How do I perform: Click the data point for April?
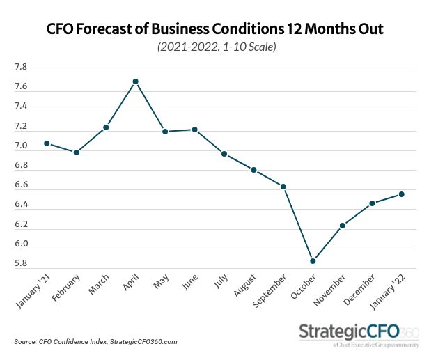click(135, 81)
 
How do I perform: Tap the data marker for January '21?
click(47, 143)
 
